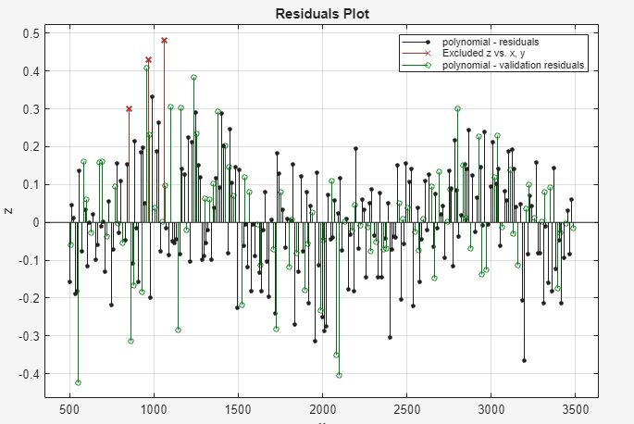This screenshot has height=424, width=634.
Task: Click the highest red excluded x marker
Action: pyautogui.click(x=164, y=41)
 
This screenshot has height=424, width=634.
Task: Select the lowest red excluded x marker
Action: pyautogui.click(x=129, y=108)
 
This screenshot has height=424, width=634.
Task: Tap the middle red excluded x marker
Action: pyautogui.click(x=148, y=60)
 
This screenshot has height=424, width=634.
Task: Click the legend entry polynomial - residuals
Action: pyautogui.click(x=491, y=43)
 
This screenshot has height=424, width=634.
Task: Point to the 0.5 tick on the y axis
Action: pyautogui.click(x=30, y=33)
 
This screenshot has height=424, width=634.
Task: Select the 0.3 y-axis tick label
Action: pyautogui.click(x=30, y=109)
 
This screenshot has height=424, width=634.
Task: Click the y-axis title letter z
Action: pyautogui.click(x=8, y=212)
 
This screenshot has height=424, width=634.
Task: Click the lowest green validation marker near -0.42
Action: pyautogui.click(x=78, y=382)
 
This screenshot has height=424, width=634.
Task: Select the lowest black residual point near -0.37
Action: pyautogui.click(x=524, y=360)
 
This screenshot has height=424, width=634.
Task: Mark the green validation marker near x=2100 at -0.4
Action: pyautogui.click(x=339, y=375)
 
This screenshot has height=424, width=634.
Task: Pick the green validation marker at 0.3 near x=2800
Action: pyautogui.click(x=457, y=108)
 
